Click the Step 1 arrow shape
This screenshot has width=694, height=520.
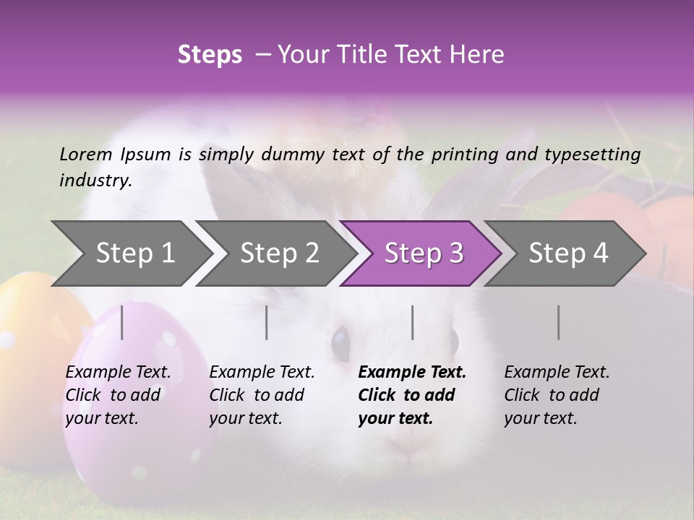(x=134, y=253)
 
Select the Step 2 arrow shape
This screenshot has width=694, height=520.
(x=279, y=253)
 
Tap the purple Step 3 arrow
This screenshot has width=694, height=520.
(x=424, y=253)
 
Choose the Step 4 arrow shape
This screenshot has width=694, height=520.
(x=568, y=253)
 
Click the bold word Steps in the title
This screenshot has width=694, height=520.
(x=210, y=54)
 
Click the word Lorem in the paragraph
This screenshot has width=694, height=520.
(x=86, y=154)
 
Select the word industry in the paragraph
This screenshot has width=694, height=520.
(x=95, y=180)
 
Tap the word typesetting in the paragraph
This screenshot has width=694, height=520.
(x=592, y=154)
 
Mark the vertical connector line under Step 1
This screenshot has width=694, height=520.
(x=122, y=322)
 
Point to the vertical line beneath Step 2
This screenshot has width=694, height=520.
(x=267, y=322)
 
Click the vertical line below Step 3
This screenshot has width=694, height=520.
(x=413, y=322)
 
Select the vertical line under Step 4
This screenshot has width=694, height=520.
(x=559, y=322)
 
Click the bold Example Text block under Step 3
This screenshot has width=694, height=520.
(x=412, y=395)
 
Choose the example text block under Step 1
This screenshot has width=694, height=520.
(x=118, y=395)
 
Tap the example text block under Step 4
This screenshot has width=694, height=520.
(x=557, y=395)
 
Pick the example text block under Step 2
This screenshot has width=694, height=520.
(x=262, y=395)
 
